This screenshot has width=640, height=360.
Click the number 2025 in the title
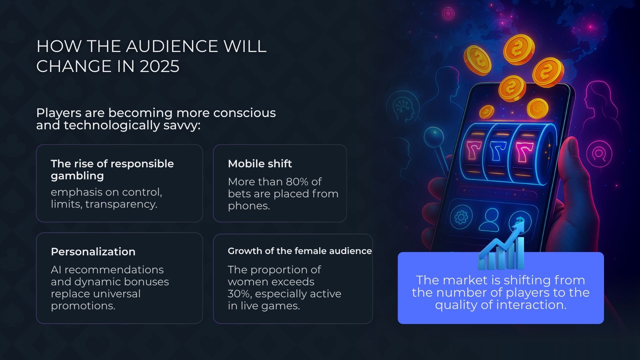[x=160, y=66]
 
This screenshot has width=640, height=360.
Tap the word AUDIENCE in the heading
[x=172, y=46]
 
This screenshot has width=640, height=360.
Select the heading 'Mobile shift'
[x=260, y=164]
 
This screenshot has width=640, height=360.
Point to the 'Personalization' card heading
[x=93, y=252]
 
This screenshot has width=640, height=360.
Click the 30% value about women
[x=239, y=294]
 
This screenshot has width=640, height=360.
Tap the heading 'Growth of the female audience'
[x=300, y=251]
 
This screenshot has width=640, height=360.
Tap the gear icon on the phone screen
[x=461, y=217]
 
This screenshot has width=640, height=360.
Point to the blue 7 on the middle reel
[x=498, y=151]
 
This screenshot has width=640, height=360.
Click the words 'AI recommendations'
[x=107, y=270]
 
